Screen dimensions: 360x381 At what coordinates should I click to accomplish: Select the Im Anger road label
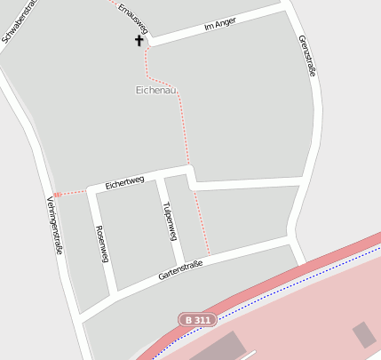[219, 25]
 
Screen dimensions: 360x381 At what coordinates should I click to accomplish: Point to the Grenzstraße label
[307, 55]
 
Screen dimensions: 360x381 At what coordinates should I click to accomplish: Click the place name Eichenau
[157, 90]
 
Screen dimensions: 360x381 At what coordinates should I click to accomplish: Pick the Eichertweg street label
[124, 181]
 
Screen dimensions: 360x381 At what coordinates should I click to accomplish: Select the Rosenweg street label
[101, 244]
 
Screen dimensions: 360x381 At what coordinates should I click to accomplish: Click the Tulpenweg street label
[170, 220]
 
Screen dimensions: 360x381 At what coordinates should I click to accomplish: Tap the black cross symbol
[139, 40]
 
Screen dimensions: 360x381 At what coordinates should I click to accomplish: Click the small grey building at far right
[364, 334]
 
